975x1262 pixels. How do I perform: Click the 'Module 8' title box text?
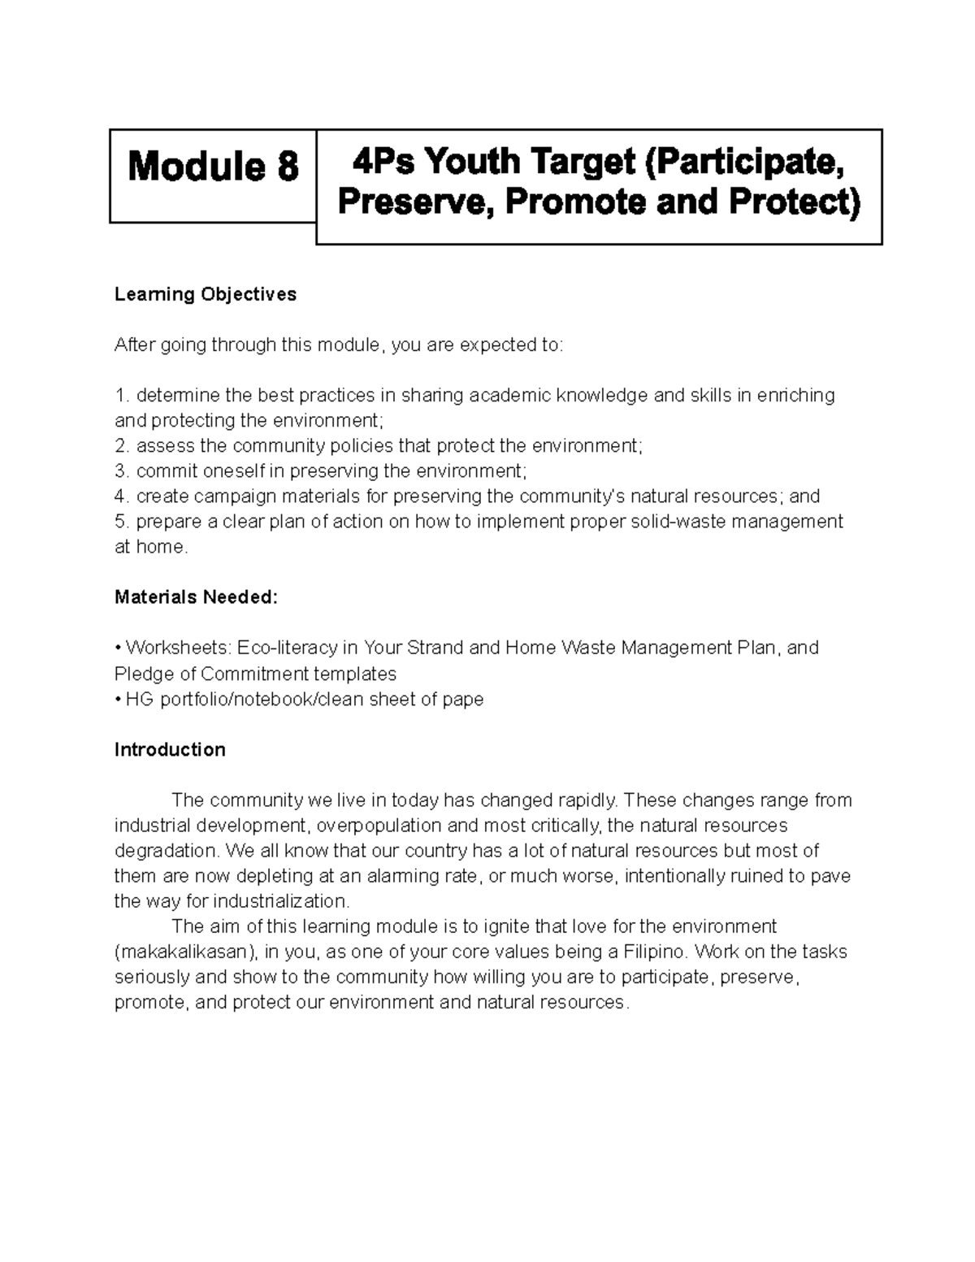213,167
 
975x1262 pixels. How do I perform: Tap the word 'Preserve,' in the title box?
415,202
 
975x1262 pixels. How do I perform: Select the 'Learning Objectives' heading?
206,294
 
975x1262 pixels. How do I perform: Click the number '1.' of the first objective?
122,396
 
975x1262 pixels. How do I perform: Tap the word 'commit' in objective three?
165,471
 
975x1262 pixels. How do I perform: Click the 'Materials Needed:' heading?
196,598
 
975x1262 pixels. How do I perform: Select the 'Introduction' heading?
170,750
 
